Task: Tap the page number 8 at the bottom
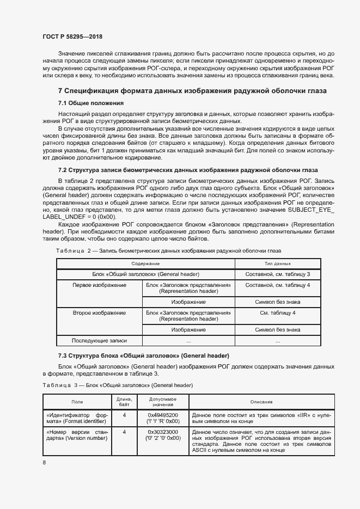point(44,463)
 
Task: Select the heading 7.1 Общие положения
point(90,103)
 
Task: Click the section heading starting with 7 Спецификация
point(192,91)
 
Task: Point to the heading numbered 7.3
point(143,355)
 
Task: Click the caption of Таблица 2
point(168,250)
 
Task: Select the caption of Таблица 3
point(117,385)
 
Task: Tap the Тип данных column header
point(278,263)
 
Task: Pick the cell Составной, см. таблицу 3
point(278,274)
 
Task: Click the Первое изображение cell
point(100,285)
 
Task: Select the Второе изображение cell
point(100,313)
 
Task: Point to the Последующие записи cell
point(100,341)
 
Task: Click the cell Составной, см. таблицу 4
point(278,285)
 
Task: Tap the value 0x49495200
point(162,415)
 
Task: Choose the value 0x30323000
point(162,432)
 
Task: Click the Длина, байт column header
point(124,402)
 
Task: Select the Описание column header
point(261,402)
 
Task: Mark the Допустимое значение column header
point(162,402)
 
